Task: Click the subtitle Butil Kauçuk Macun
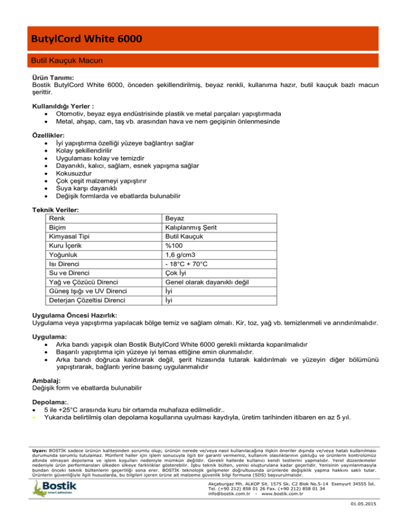coord(67,61)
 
